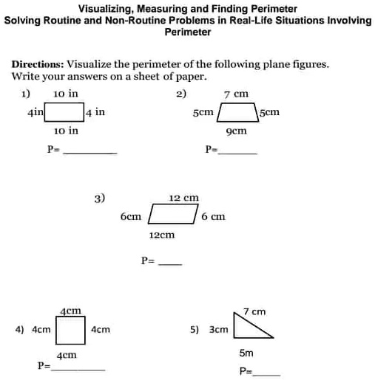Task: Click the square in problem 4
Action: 71,330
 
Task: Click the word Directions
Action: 37,64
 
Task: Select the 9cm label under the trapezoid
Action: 236,131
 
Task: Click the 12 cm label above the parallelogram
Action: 183,198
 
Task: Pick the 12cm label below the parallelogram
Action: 162,235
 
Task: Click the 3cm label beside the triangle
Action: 219,329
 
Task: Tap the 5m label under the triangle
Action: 246,353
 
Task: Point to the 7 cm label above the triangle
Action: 254,311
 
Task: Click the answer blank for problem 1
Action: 89,152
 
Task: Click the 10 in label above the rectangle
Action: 66,94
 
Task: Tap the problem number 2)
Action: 181,94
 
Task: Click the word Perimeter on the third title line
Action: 187,32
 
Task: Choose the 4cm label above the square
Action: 70,311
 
